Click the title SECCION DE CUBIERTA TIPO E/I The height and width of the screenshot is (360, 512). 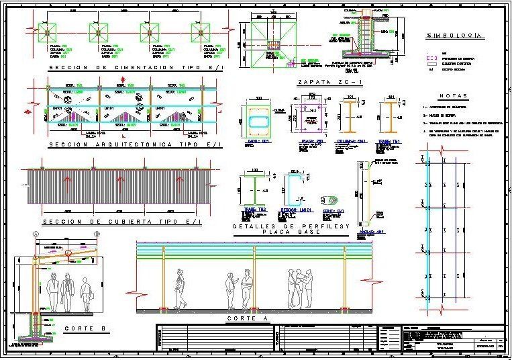[x=121, y=222]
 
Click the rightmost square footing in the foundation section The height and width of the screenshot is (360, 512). [x=199, y=32]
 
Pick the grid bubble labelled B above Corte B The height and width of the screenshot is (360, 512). [x=97, y=234]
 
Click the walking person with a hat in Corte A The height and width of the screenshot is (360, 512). [x=179, y=288]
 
